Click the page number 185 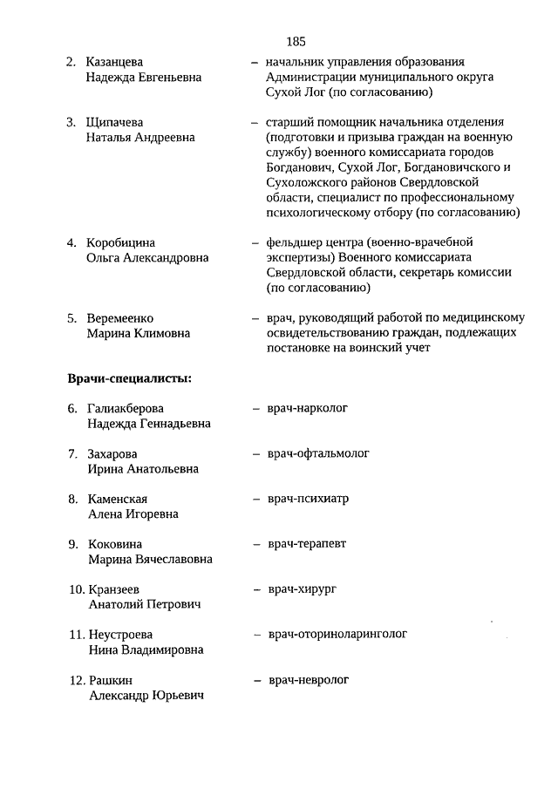point(295,41)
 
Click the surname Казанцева point(115,62)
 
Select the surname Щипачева point(114,122)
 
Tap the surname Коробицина point(120,242)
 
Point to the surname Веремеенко point(120,318)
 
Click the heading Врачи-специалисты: point(130,378)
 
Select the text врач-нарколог point(308,408)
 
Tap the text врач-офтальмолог point(318,453)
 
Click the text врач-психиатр point(309,499)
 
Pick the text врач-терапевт point(307,544)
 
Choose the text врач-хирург point(302,589)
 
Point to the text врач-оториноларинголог point(337,634)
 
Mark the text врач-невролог point(309,679)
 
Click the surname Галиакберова point(126,408)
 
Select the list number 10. point(77,589)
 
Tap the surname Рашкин point(111,680)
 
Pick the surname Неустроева point(120,635)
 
